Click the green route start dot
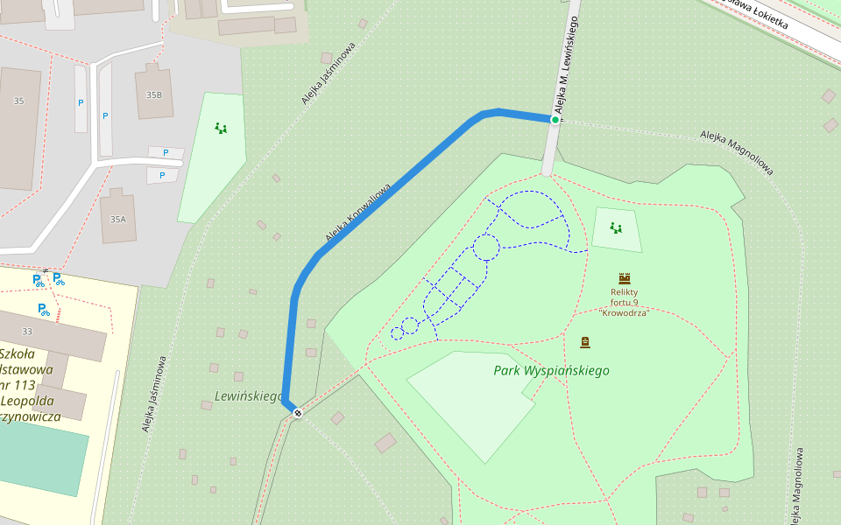click(555, 119)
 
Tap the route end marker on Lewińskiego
click(298, 412)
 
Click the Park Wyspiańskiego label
click(551, 370)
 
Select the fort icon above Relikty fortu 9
click(625, 278)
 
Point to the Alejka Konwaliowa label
click(357, 213)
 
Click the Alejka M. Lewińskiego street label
click(567, 61)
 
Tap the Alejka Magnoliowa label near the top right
click(736, 151)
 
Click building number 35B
click(154, 94)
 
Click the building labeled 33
click(27, 331)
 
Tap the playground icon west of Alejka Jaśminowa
click(221, 129)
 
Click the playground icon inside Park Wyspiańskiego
click(616, 228)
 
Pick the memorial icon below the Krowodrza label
click(585, 342)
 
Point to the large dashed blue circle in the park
click(486, 248)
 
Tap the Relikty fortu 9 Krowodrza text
click(624, 302)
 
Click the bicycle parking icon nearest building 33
click(42, 309)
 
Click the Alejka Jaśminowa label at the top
click(329, 73)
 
